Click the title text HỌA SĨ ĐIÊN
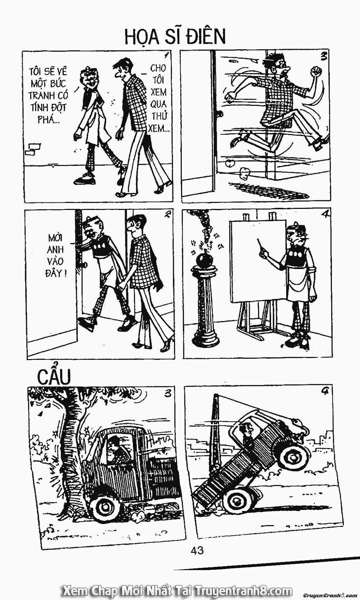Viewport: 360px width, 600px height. (175, 37)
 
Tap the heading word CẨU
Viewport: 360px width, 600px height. (54, 377)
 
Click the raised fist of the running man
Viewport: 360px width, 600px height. (317, 71)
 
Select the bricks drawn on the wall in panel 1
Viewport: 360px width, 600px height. (33, 149)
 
